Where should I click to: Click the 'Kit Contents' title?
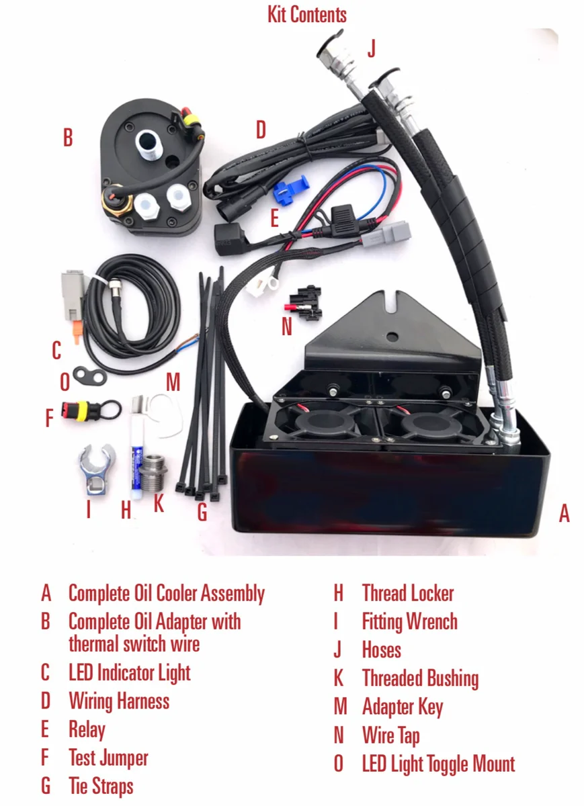pyautogui.click(x=307, y=14)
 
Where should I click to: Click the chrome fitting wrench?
pyautogui.click(x=96, y=468)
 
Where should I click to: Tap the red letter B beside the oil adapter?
pyautogui.click(x=67, y=138)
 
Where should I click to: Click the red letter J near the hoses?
pyautogui.click(x=372, y=49)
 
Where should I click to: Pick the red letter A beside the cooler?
pyautogui.click(x=564, y=514)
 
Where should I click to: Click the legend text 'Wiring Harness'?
pyautogui.click(x=118, y=701)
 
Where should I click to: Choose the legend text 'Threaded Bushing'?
pyautogui.click(x=420, y=678)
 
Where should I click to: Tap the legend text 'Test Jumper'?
pyautogui.click(x=108, y=758)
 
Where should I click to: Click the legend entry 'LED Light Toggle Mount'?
pyautogui.click(x=438, y=764)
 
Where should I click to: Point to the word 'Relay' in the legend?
pyautogui.click(x=87, y=730)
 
